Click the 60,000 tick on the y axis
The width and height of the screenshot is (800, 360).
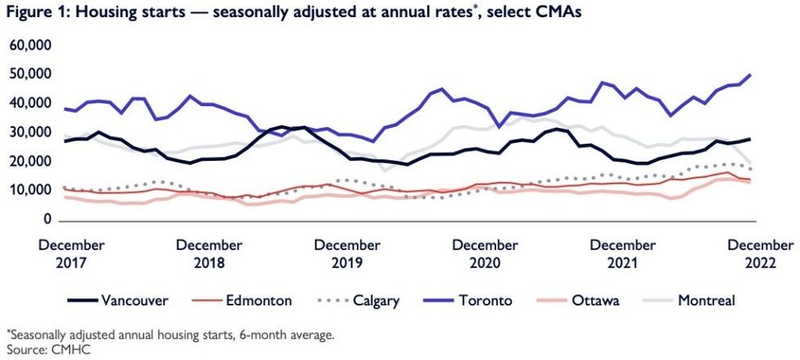tap(30, 45)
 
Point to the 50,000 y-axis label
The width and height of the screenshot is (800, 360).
tap(30, 74)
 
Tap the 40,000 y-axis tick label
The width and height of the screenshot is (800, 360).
tap(30, 103)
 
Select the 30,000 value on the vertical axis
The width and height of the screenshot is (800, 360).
tap(30, 132)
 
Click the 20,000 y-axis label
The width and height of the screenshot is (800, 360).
tap(30, 162)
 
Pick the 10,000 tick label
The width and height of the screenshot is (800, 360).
tap(30, 190)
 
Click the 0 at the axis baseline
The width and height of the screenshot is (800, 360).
tap(47, 220)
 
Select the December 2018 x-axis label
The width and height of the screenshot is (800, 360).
tap(209, 253)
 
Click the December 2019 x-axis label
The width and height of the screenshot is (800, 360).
tap(347, 253)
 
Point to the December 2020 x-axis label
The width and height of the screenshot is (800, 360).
tap(486, 253)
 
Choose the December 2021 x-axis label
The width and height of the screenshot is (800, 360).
tap(624, 253)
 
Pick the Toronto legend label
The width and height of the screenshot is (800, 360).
tap(485, 300)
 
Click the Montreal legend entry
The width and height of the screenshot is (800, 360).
tap(706, 300)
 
